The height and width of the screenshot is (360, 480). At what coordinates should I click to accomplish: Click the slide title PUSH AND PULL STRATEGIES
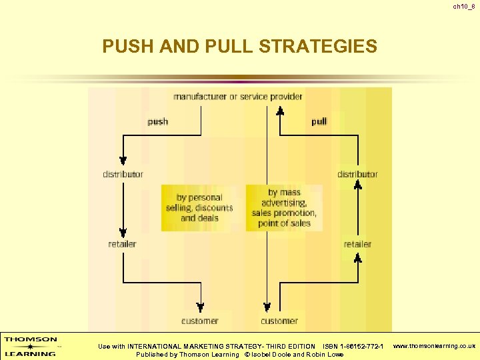pos(239,47)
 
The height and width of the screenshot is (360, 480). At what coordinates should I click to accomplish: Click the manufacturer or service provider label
pos(237,97)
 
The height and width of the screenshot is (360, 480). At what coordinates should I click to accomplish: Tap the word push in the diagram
pos(158,122)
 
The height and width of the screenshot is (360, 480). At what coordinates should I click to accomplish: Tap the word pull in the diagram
pos(319,122)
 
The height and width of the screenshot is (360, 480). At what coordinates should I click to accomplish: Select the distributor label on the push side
pos(123,175)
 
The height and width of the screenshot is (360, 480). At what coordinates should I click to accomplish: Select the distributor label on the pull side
pos(357,175)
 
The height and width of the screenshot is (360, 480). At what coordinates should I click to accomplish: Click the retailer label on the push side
pos(122,244)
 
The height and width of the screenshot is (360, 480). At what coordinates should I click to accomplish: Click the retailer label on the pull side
pos(357,244)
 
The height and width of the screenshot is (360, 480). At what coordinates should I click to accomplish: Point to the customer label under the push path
pos(199,321)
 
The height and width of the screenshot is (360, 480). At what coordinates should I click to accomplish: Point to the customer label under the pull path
pos(279,321)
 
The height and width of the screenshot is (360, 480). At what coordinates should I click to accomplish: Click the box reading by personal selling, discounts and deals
pos(199,207)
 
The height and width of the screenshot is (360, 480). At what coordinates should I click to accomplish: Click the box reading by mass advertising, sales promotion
pos(284,207)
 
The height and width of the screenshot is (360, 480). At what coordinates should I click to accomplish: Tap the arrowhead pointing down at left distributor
pos(123,161)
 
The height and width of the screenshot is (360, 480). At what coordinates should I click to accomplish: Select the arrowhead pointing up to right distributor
pos(358,186)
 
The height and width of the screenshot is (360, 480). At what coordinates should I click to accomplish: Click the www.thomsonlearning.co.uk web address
pos(434,347)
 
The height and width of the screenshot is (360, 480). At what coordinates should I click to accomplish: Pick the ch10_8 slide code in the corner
pos(463,7)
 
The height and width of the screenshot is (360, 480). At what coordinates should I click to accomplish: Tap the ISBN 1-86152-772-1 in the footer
pos(353,347)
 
